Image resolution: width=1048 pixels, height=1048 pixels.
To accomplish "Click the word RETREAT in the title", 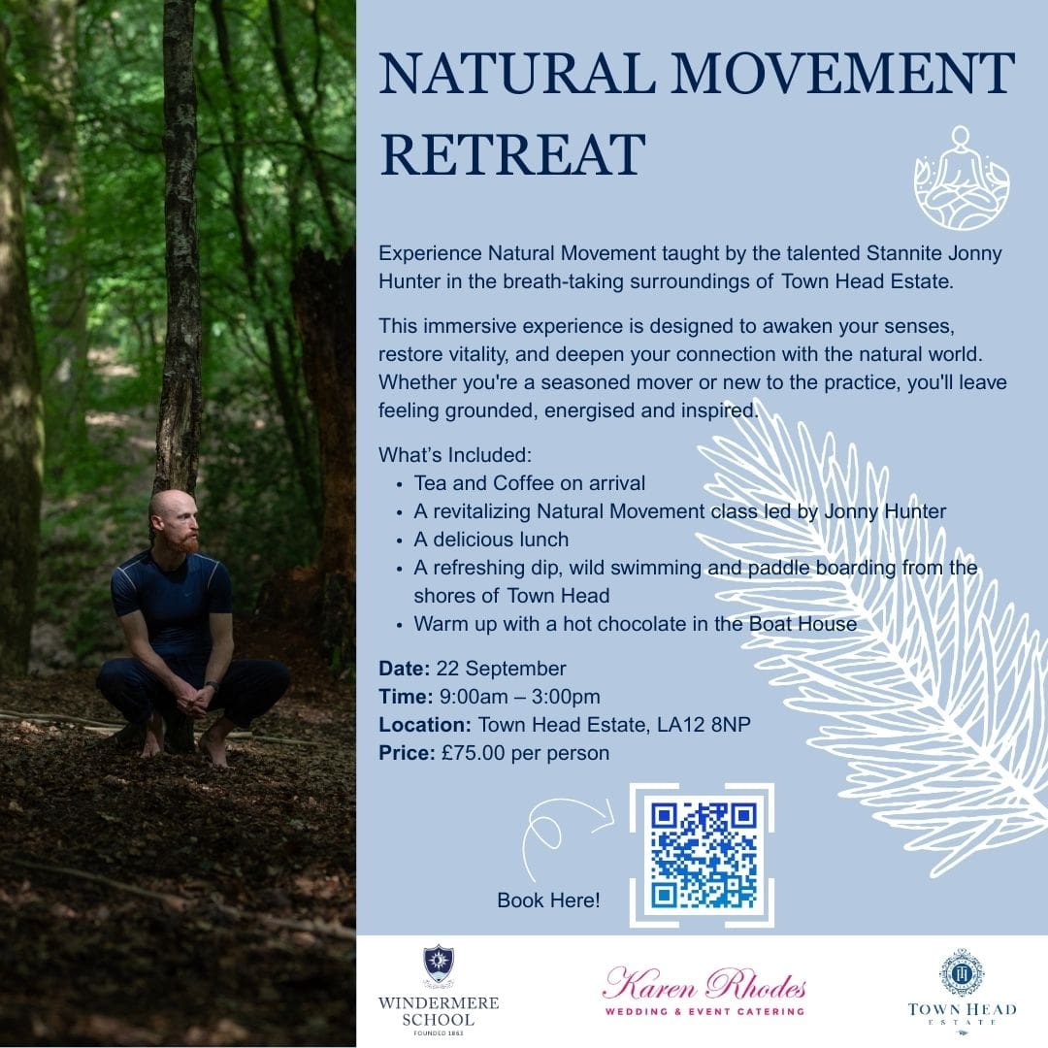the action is (x=512, y=154).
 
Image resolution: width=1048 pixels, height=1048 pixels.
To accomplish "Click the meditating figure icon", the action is (x=962, y=178).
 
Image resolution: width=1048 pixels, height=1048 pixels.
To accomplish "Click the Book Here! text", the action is (x=548, y=901).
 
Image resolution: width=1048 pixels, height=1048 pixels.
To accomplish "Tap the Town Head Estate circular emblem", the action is (x=962, y=972).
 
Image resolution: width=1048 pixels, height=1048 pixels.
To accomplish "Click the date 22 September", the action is (x=502, y=669).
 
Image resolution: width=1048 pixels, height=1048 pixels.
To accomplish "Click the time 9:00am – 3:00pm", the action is (x=520, y=697).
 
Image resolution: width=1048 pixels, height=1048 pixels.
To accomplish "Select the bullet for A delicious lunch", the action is (x=400, y=540).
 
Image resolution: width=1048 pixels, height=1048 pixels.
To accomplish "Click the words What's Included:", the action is (x=455, y=454).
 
